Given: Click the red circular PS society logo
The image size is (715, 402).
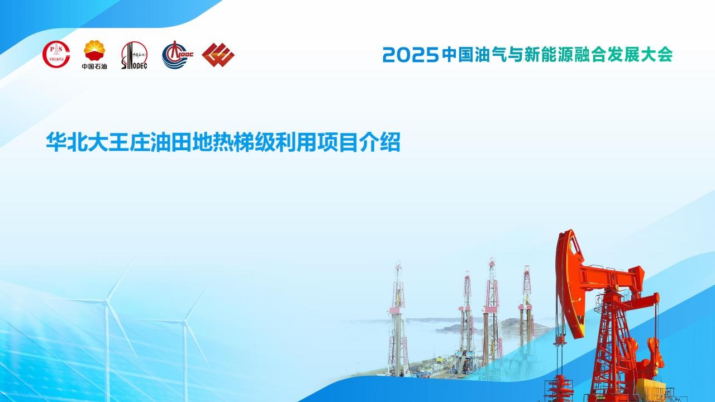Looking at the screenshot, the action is click(x=56, y=54).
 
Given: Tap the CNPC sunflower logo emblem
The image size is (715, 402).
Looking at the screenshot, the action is click(x=94, y=50).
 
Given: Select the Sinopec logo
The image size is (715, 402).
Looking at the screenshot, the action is click(x=135, y=55).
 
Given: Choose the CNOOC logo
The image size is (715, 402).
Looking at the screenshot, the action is click(x=178, y=54).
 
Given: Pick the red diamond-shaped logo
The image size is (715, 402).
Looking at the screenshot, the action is click(x=218, y=55).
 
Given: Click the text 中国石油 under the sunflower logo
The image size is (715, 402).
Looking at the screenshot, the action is click(x=94, y=66).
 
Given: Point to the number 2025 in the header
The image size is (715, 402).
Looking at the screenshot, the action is click(x=411, y=55).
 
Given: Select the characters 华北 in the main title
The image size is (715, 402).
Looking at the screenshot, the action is click(x=66, y=142).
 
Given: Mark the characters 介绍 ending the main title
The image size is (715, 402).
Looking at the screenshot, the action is click(x=380, y=142).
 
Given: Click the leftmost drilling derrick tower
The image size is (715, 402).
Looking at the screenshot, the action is click(x=398, y=319).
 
